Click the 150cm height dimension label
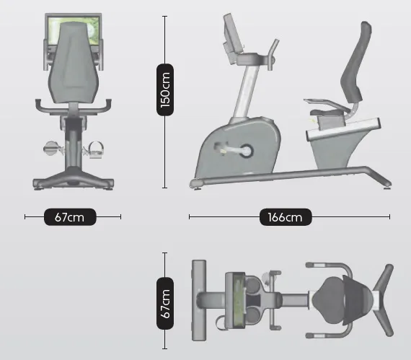pyautogui.click(x=165, y=89)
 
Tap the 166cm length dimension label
pyautogui.click(x=286, y=217)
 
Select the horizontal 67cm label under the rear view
pyautogui.click(x=70, y=217)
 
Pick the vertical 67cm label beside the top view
pyautogui.click(x=165, y=303)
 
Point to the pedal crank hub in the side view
pyautogui.click(x=247, y=151)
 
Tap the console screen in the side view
pyautogui.click(x=231, y=32)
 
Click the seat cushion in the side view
pyautogui.click(x=327, y=113)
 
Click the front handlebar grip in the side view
pyautogui.click(x=273, y=54)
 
